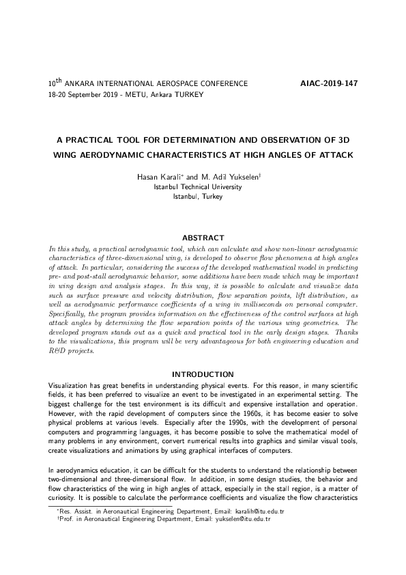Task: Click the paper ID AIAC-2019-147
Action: (x=329, y=84)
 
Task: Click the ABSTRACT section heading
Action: (x=203, y=238)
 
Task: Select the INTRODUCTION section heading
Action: (x=203, y=374)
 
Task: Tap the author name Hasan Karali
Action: (x=160, y=177)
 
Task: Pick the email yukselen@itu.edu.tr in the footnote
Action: (x=243, y=519)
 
